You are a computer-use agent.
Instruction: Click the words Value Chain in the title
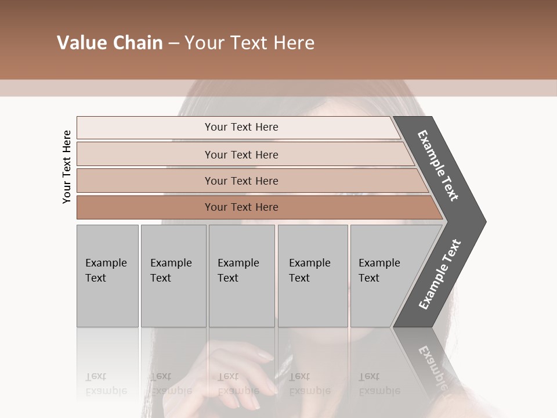click(x=110, y=43)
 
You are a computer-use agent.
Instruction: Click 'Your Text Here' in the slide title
click(x=249, y=43)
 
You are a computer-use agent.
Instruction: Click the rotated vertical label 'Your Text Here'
click(x=67, y=167)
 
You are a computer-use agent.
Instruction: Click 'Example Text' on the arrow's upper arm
click(x=438, y=165)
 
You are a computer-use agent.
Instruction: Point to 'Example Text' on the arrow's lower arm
click(x=439, y=275)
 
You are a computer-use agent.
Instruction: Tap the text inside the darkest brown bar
click(x=241, y=207)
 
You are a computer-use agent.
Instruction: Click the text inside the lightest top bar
click(x=241, y=127)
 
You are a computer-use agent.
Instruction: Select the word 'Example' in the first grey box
click(x=106, y=263)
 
